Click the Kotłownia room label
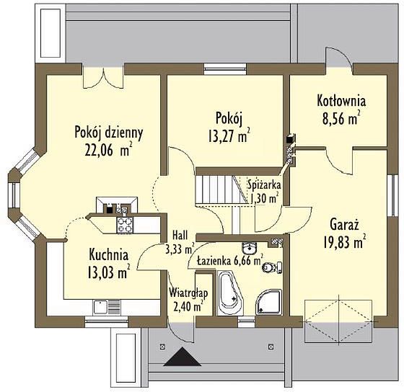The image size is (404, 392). coord(341,101)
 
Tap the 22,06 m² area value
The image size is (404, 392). coord(108,151)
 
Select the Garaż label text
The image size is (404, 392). coord(344,225)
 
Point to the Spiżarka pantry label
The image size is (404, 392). coord(264,184)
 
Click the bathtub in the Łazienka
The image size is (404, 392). coord(230,293)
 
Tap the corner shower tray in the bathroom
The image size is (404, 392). coord(269,302)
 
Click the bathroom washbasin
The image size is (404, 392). coord(250,249)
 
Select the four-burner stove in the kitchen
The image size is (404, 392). coord(125,225)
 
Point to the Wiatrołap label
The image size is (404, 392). coord(188,292)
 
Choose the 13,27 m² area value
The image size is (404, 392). coord(229,136)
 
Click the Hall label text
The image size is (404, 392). coord(180,235)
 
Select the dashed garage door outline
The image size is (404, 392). coord(338,321)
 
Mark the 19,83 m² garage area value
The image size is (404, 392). coord(345,242)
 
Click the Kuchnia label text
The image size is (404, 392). coord(108,255)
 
